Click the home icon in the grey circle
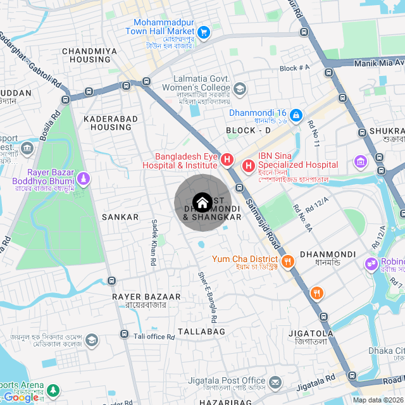202,202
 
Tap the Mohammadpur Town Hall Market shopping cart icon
203,32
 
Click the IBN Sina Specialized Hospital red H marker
248,166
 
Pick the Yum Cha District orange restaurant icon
287,260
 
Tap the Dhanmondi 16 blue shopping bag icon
296,115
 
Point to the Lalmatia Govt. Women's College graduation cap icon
240,89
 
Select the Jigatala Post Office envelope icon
275,382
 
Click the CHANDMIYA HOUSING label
90,55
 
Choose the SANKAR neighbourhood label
120,217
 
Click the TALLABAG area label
201,332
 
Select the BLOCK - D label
248,130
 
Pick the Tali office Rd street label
154,337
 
